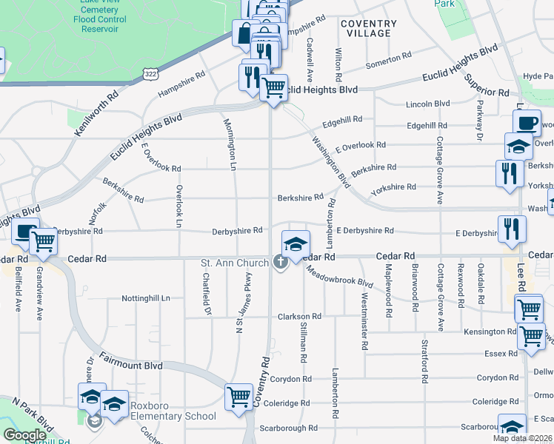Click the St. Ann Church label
pos(235,263)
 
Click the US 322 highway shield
pos(150,75)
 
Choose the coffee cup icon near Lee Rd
pos(527,123)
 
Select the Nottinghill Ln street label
pos(146,298)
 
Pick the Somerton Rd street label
pos(388,58)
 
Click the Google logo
pos(24,435)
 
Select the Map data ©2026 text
pos(522,438)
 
